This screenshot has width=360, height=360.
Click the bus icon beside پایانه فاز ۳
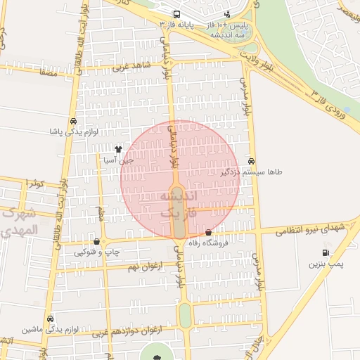pos(176,14)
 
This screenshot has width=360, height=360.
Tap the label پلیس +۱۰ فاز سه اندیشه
pos(226,25)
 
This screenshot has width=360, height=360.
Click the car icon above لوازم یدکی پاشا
pos(74,121)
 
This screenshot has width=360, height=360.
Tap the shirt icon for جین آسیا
pos(118,149)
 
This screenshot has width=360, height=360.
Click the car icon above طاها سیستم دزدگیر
pos(252,160)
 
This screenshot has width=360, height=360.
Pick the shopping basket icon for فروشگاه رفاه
pos(208,233)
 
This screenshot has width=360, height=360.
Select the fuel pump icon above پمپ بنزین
pos(325,253)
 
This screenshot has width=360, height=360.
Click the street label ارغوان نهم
pos(145,268)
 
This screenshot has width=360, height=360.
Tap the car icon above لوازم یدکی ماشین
pos(50,319)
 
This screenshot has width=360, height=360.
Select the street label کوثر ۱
pos(35,183)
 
